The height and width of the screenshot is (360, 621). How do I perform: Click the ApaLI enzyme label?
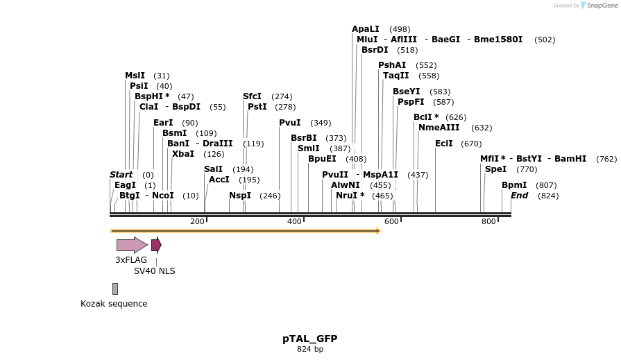coord(365,29)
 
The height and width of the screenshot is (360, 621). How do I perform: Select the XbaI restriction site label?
coord(183,154)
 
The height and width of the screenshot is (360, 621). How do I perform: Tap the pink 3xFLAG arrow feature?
coord(131,245)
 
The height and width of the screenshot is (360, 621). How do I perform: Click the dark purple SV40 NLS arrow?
coord(156,245)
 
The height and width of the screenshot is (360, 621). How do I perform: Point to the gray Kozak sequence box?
coord(115,289)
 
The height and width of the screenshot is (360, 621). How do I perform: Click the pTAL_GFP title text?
coord(309,338)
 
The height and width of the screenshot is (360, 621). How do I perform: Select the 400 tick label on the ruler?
coord(294,221)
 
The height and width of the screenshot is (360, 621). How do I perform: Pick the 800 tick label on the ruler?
coord(488,221)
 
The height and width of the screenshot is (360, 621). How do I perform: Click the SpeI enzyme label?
coord(495,169)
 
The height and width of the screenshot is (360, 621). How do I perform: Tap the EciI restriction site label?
coord(443,144)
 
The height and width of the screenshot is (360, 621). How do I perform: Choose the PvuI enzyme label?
coord(289,123)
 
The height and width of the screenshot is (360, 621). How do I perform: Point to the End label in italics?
coord(519,196)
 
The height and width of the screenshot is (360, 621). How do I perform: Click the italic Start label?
coord(121,175)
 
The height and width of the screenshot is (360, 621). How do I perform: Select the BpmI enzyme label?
coord(514,185)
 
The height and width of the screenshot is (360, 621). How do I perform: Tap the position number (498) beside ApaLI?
coord(400,29)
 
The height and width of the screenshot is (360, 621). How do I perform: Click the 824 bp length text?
coord(309,350)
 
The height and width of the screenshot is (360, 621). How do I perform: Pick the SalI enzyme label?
coord(214,169)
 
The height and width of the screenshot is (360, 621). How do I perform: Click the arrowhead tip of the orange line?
coord(379,231)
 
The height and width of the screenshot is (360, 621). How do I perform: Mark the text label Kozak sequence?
coord(114,304)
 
